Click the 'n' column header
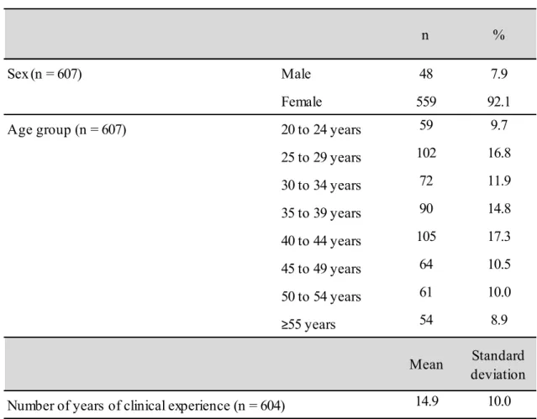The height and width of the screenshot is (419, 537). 425,35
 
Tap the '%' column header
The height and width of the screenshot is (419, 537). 498,34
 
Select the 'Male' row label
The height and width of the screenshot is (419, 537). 296,74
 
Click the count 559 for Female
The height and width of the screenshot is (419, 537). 426,102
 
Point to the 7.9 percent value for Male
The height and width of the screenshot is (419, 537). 499,74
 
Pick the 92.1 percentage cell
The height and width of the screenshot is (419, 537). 498,102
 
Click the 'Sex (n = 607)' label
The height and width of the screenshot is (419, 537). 45,74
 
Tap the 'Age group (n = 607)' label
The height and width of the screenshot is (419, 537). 66,130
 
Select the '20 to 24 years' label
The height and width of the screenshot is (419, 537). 321,130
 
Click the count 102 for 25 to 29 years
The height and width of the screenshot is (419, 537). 426,153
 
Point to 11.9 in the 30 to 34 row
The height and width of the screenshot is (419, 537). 499,181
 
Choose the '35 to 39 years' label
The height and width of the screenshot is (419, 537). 321,213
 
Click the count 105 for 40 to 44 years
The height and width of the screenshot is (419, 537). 426,236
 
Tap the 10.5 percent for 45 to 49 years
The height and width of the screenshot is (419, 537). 499,264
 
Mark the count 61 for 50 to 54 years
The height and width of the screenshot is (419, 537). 426,292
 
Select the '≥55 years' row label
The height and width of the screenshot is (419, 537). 308,324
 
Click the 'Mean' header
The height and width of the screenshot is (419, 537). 426,364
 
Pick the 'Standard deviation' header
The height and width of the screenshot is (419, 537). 498,365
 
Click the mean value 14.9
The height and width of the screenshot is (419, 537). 427,401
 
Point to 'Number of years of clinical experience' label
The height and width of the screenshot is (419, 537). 118,406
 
